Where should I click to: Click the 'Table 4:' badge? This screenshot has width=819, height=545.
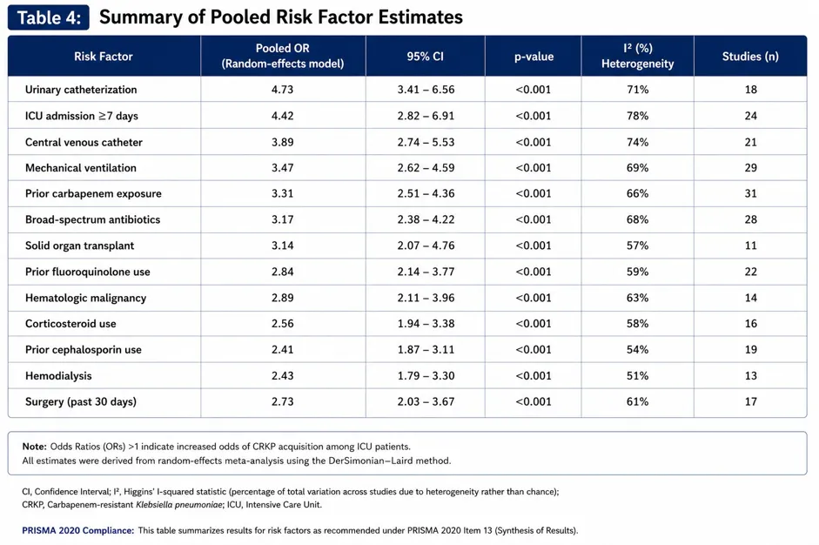48,17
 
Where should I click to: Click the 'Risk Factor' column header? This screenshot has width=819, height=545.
104,57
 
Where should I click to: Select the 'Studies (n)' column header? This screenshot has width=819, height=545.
750,57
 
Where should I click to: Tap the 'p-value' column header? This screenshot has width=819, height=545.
534,57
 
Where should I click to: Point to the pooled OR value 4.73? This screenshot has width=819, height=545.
282,90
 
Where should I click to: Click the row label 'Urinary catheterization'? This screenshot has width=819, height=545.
81,90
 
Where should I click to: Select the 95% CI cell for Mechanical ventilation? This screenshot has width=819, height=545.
426,168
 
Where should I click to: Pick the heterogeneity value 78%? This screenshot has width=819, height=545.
637,116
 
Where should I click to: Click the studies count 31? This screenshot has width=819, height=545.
750,193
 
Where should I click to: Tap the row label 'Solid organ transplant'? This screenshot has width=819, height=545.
79,246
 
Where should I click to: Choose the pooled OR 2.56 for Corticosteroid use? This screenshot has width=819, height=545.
282,324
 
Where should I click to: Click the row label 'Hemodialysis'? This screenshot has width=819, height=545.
58,376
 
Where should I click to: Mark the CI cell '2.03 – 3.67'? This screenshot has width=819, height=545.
426,401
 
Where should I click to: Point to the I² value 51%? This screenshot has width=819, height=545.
637,376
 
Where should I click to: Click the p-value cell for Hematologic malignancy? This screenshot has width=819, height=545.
534,298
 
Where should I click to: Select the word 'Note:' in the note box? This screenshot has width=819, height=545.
35,447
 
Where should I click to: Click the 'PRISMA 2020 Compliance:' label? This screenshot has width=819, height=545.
77,530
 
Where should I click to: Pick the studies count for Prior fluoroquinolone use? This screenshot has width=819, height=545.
750,272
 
